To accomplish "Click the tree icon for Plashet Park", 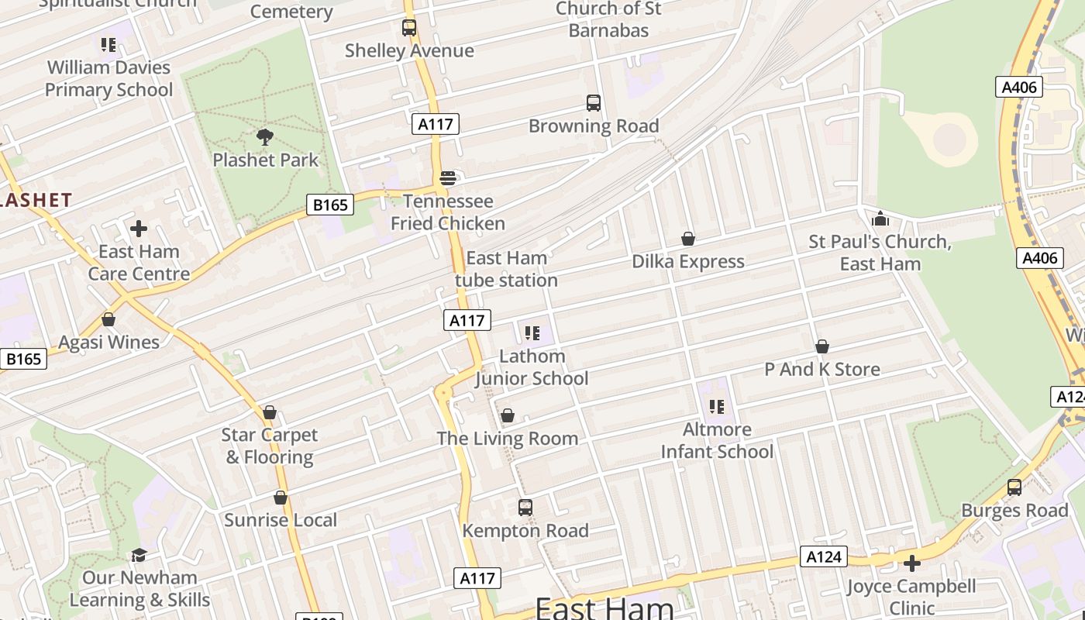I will [x=265, y=138].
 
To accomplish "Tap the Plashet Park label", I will [x=266, y=160].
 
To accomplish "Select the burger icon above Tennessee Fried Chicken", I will [x=447, y=178].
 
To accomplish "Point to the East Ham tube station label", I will [x=506, y=269].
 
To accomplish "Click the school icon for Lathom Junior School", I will [x=532, y=333].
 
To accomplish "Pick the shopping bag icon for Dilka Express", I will [x=687, y=239].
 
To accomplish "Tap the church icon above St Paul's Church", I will [x=880, y=219].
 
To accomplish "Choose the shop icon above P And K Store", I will [x=822, y=346].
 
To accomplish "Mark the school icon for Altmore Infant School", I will [x=717, y=406].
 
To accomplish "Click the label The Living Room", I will [x=508, y=439].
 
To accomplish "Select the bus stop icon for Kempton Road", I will [x=525, y=508].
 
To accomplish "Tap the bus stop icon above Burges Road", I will [x=1014, y=487].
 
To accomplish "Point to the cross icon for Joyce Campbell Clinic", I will [x=912, y=563].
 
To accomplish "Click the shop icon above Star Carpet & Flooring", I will [x=270, y=412].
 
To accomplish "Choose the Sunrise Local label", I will [x=281, y=520].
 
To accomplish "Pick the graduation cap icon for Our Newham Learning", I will [x=139, y=555].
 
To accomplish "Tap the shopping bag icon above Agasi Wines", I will [x=108, y=319].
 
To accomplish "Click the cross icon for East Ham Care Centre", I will [x=139, y=229].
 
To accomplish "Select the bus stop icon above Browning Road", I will [x=594, y=103].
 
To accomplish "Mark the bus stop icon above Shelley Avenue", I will [x=409, y=28].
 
